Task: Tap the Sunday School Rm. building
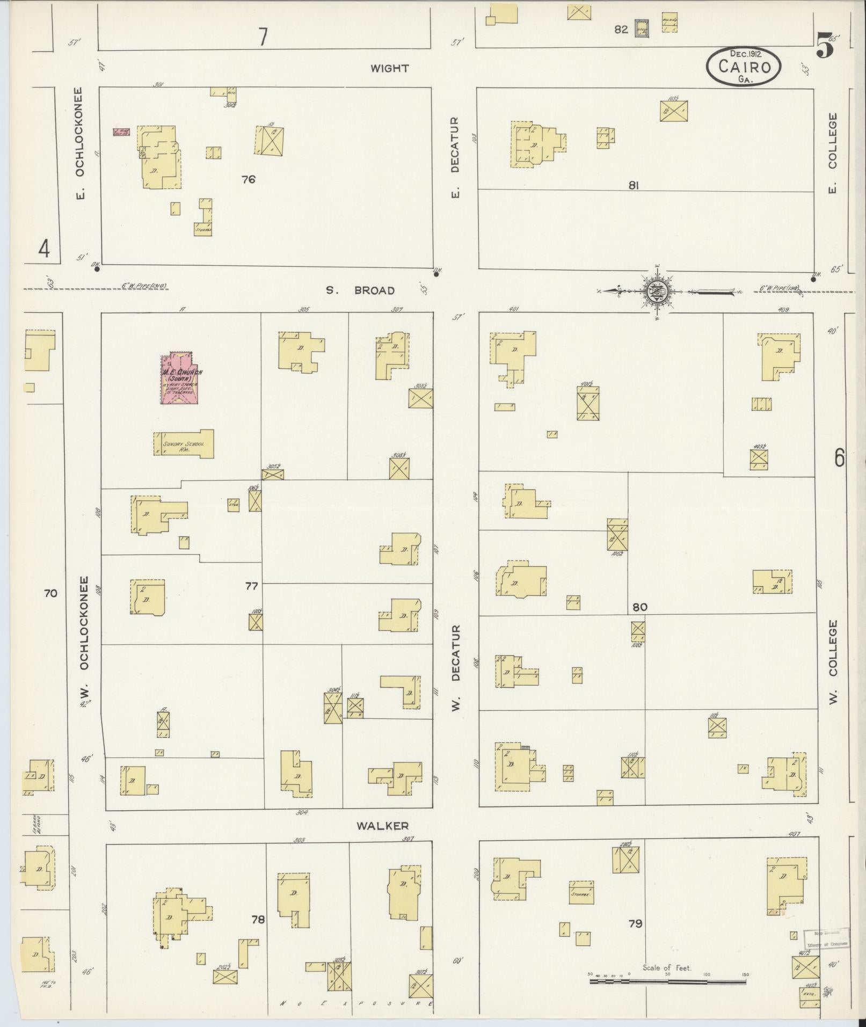(x=184, y=444)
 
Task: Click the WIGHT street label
(x=389, y=68)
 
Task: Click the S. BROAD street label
(x=360, y=290)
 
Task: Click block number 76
(x=248, y=179)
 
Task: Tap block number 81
(x=634, y=185)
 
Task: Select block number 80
(x=639, y=607)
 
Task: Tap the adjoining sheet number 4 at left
(x=44, y=249)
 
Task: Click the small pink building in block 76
(x=122, y=132)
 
